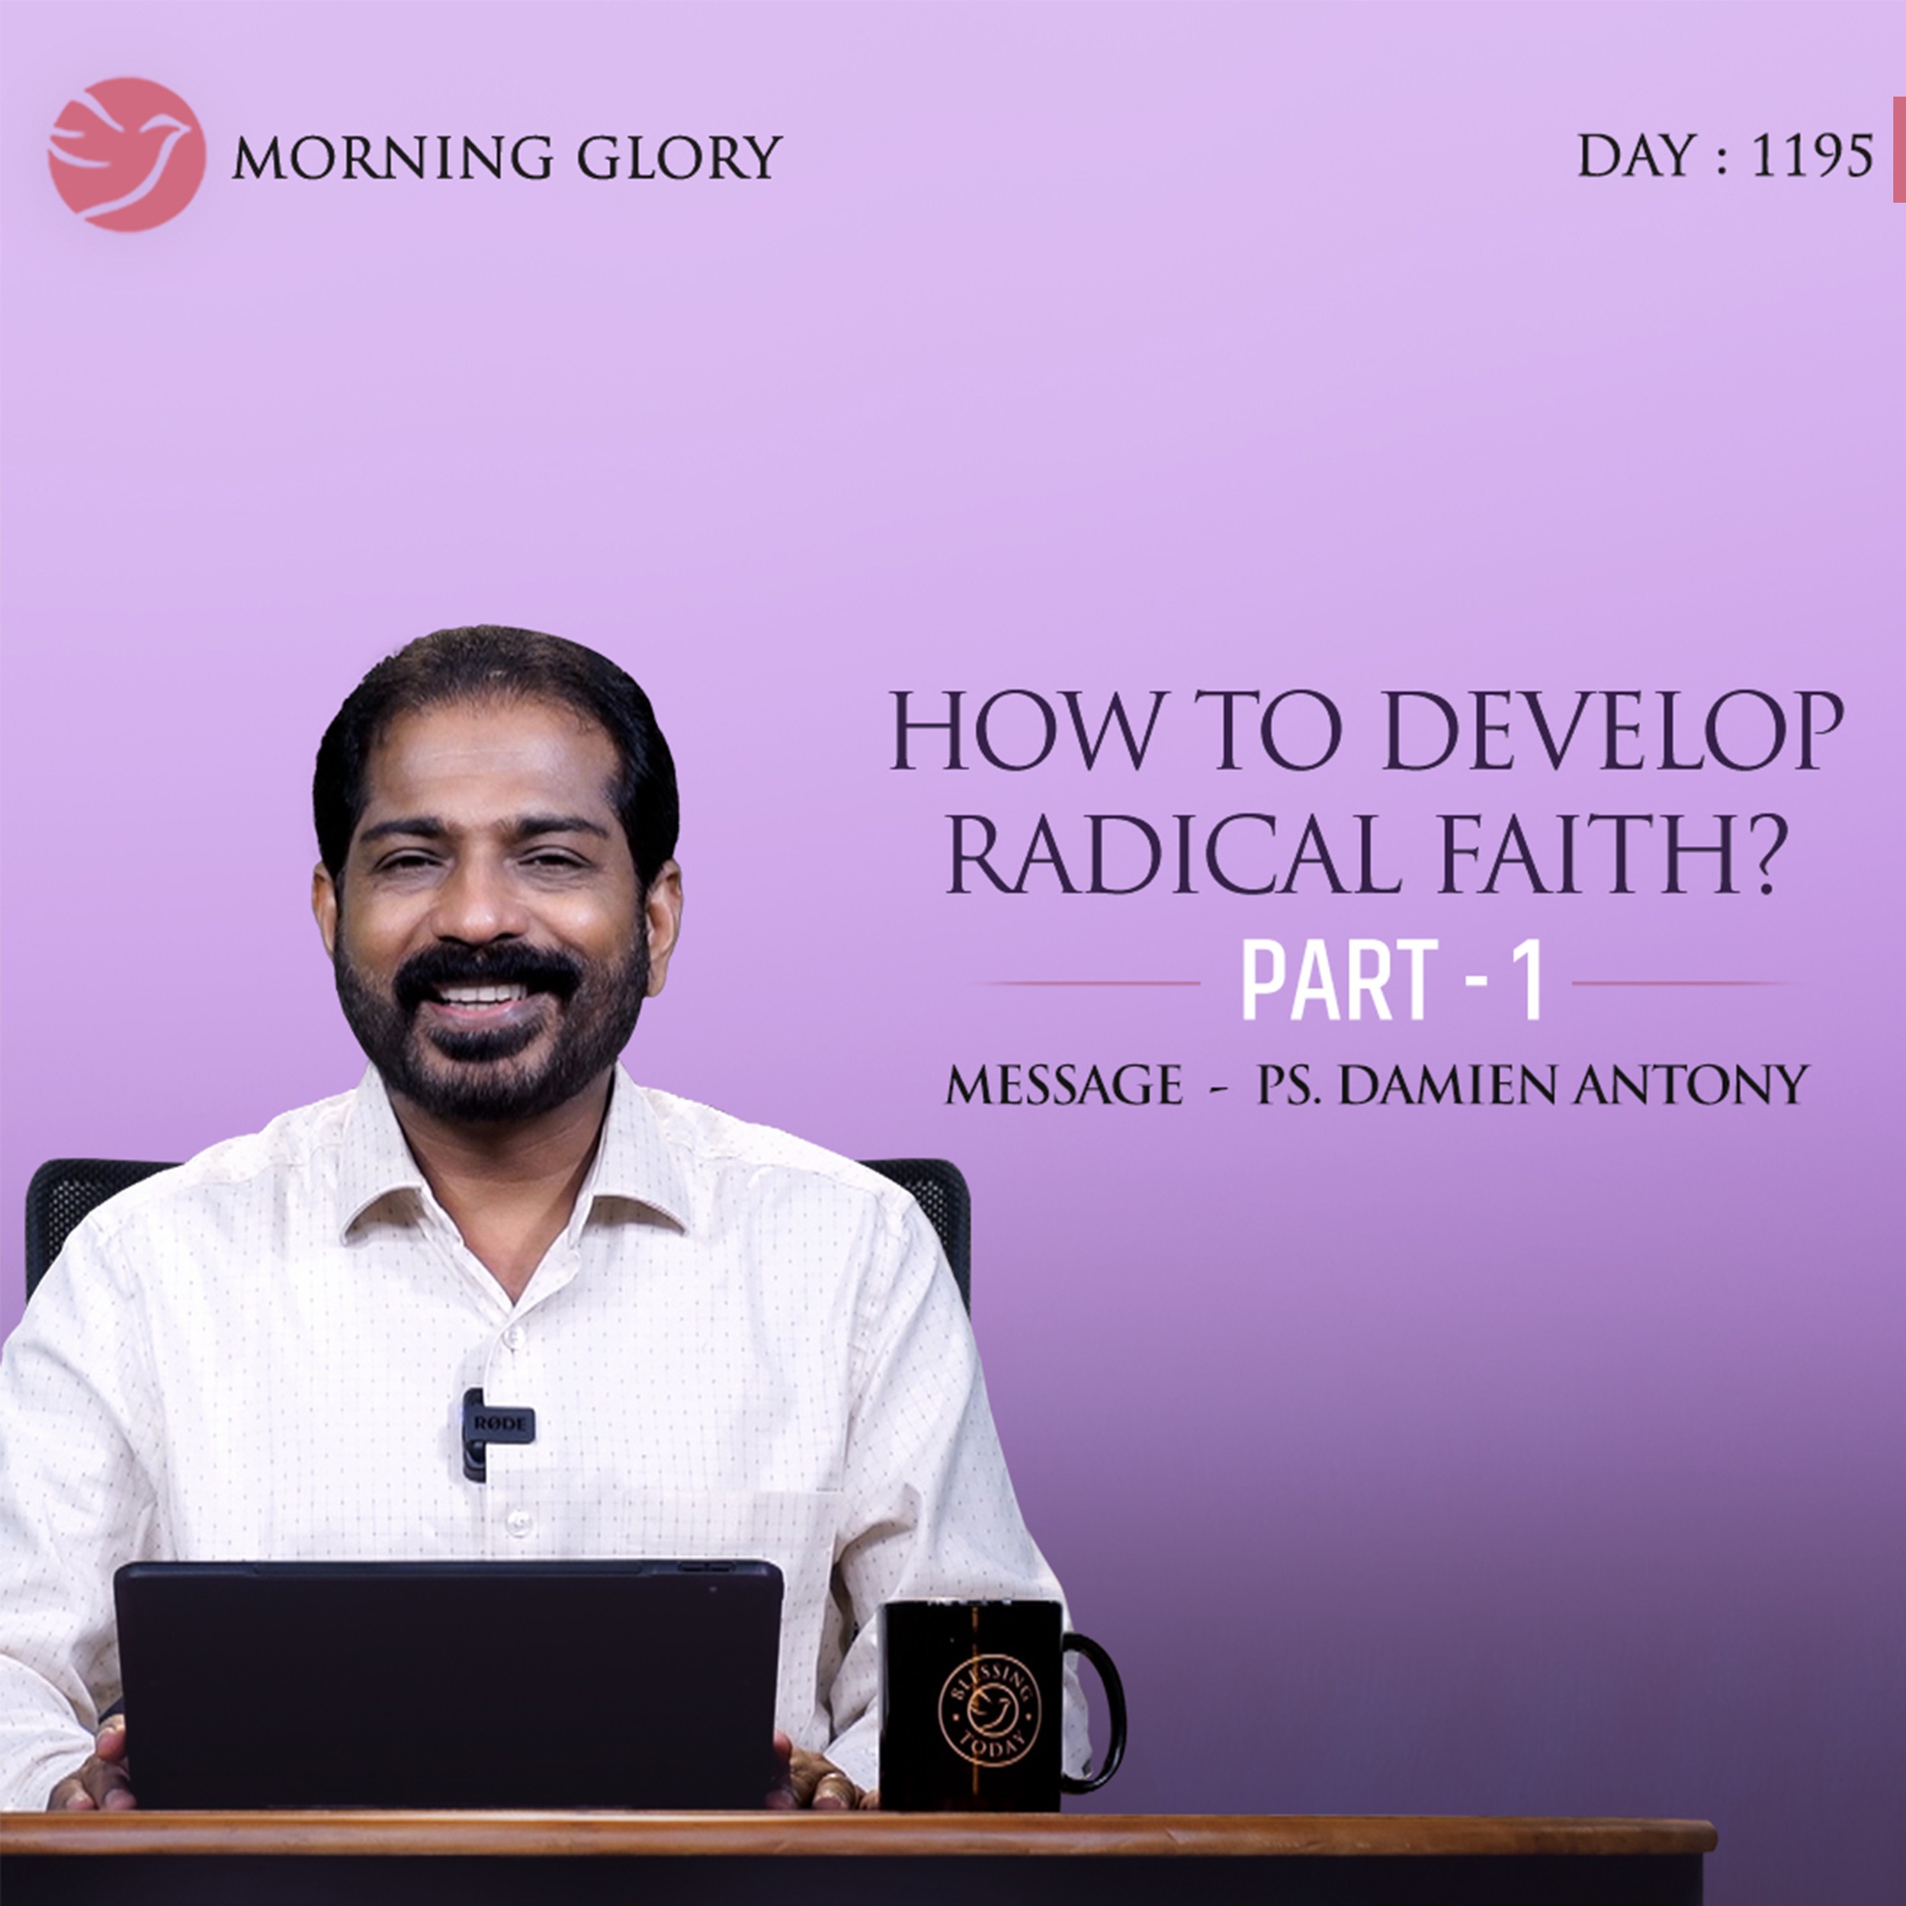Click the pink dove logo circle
pyautogui.click(x=127, y=155)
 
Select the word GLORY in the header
pyautogui.click(x=679, y=158)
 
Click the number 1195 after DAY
pyautogui.click(x=1811, y=156)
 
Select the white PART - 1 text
pyautogui.click(x=1391, y=982)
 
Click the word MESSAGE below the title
pyautogui.click(x=1064, y=1086)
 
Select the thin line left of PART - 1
pyautogui.click(x=1095, y=983)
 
